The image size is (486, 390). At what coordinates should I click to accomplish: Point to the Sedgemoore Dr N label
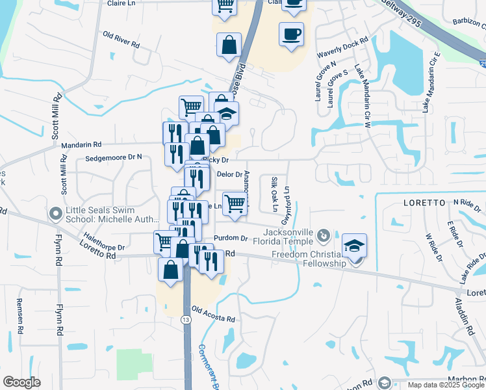coord(113,157)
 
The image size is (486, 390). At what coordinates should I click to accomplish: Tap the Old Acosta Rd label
coord(212,315)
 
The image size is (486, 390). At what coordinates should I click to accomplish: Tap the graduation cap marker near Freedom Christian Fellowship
coord(355,246)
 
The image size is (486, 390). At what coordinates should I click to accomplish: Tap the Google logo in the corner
coord(21,382)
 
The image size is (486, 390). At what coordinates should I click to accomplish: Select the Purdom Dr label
coord(235,239)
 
